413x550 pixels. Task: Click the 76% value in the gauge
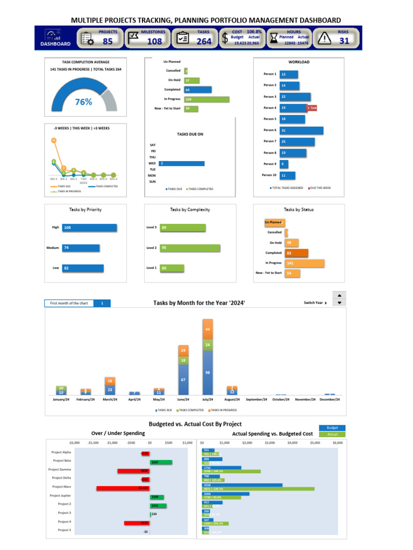(x=83, y=102)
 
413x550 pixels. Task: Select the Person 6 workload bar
(x=301, y=131)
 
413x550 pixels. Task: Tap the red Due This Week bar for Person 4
(x=312, y=108)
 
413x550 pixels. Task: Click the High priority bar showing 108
(x=89, y=228)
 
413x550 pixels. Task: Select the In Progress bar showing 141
(x=304, y=263)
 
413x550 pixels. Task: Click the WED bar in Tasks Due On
(x=181, y=163)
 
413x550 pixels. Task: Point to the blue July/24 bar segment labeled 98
(x=208, y=372)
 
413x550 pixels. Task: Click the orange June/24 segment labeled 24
(x=183, y=350)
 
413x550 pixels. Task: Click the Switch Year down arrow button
(x=339, y=303)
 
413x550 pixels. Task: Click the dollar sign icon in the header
(x=225, y=38)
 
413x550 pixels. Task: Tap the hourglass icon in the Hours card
(x=274, y=38)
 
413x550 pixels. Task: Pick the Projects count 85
(x=108, y=41)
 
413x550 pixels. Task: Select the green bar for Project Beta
(x=161, y=462)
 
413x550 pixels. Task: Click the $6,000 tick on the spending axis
(x=337, y=443)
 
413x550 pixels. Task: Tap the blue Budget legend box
(x=332, y=428)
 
